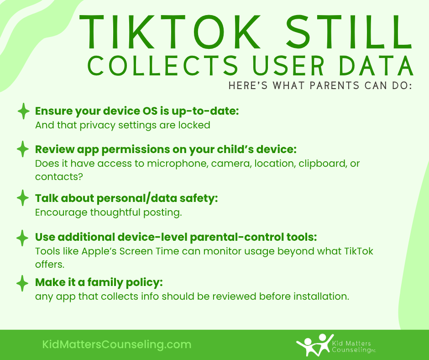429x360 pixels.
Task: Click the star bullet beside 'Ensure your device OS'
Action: (x=23, y=111)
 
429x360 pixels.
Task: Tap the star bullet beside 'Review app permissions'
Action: (x=23, y=149)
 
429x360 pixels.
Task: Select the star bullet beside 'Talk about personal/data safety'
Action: (x=23, y=198)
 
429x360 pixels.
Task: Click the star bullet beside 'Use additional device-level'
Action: (x=23, y=238)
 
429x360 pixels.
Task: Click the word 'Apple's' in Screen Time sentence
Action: (x=97, y=251)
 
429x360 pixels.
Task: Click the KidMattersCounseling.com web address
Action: (x=116, y=344)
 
